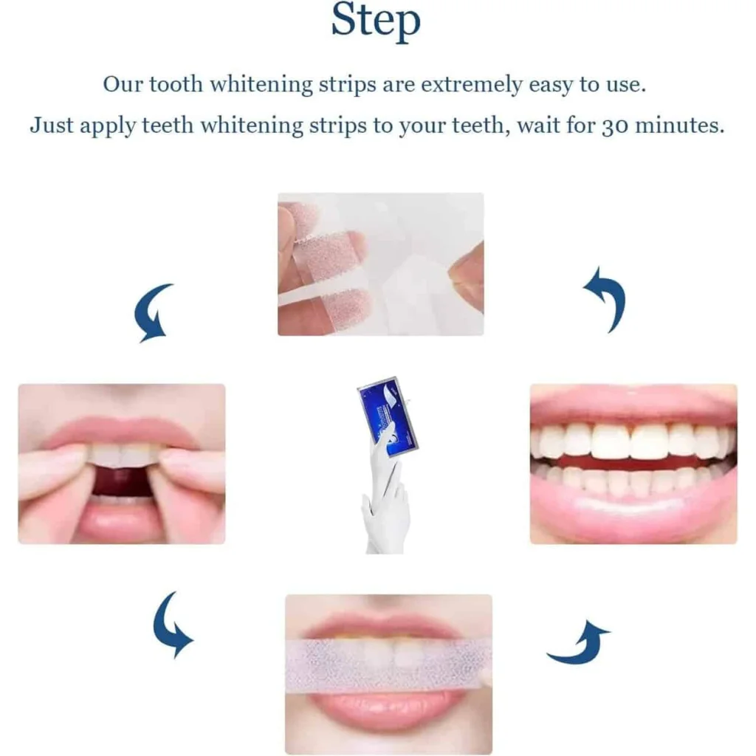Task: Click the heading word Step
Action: coord(376,21)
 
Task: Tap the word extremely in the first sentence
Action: coord(472,84)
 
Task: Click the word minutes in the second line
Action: coord(680,126)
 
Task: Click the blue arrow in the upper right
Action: coord(607,298)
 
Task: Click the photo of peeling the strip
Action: coord(380,264)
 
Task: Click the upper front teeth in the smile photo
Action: coord(632,441)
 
